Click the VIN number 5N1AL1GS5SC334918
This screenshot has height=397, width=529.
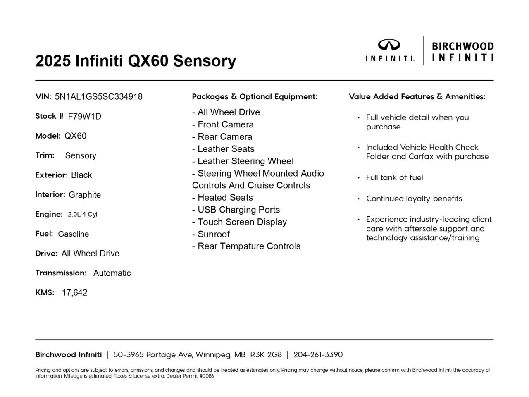click(x=98, y=97)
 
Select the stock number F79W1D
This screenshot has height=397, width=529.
click(x=84, y=116)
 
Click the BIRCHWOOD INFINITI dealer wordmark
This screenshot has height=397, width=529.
click(x=462, y=51)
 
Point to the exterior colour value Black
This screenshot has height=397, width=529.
click(x=81, y=175)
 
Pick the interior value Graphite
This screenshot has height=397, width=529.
click(x=85, y=195)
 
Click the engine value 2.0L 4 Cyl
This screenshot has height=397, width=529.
click(x=83, y=214)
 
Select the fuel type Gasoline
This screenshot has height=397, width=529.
click(x=73, y=234)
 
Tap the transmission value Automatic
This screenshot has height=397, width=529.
click(x=112, y=273)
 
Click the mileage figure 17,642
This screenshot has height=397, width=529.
click(x=75, y=293)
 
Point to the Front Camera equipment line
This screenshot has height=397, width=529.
click(x=223, y=124)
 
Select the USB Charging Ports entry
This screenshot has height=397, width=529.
click(x=236, y=210)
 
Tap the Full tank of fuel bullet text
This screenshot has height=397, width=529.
click(x=394, y=178)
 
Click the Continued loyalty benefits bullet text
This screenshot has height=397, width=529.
click(x=414, y=198)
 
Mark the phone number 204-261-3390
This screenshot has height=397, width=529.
click(x=318, y=355)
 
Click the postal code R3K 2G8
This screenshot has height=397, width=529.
click(x=266, y=355)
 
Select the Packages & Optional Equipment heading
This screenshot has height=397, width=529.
click(x=255, y=97)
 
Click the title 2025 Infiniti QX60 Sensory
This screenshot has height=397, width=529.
click(x=136, y=61)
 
